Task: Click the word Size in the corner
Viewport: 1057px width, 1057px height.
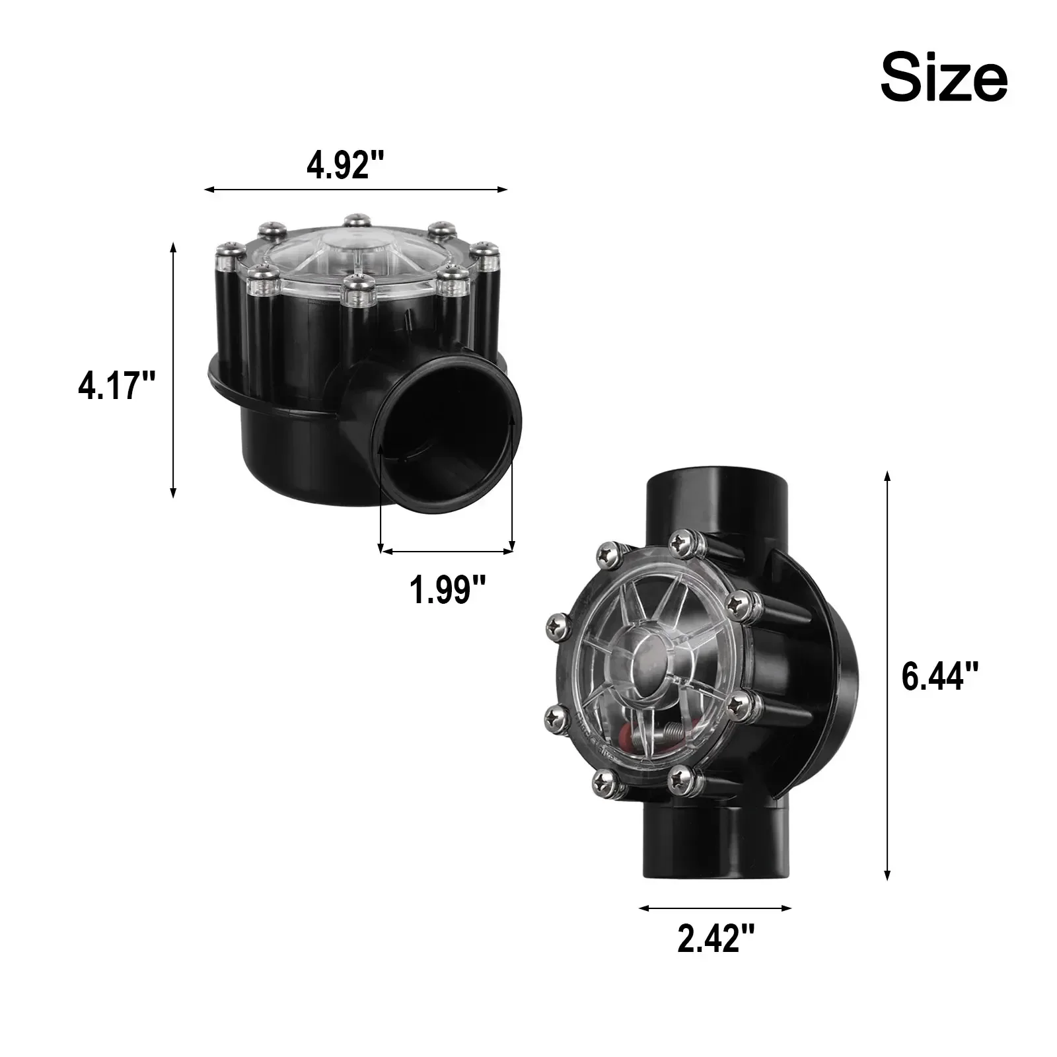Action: click(944, 79)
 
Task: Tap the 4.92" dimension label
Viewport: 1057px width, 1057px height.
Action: click(346, 165)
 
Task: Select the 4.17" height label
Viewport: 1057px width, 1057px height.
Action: click(117, 386)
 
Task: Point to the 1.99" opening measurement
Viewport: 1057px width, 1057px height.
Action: click(448, 589)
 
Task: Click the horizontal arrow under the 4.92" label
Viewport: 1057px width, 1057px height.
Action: click(356, 190)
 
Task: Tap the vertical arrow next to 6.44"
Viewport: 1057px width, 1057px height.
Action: click(887, 676)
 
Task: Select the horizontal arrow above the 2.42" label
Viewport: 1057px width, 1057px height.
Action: click(715, 908)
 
